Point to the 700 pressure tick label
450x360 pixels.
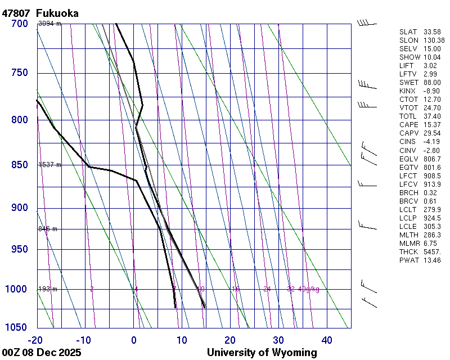coord(19,24)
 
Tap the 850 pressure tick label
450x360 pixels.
coord(19,165)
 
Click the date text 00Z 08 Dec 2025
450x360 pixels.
coord(42,353)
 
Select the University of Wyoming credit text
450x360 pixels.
coord(262,353)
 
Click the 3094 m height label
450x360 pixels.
coord(49,24)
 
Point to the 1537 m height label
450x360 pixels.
coord(49,165)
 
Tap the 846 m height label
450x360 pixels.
coord(48,229)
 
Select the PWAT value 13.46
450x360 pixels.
coord(432,260)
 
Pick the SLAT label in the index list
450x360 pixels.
coord(409,32)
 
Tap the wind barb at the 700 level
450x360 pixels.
coord(366,23)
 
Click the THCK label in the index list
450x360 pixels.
coord(409,251)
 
